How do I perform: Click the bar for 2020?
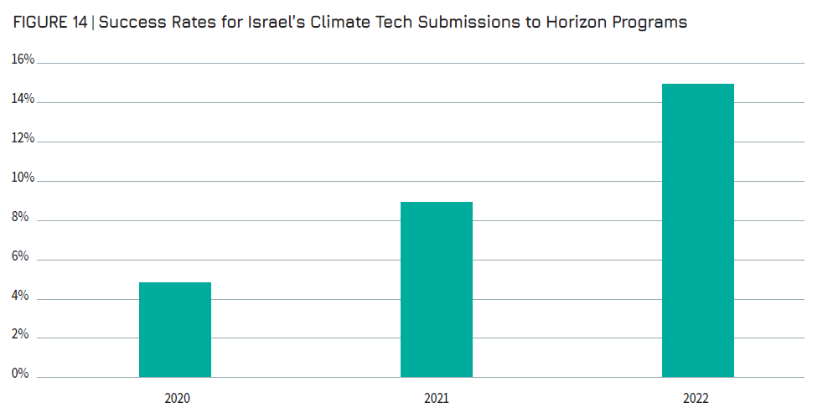coord(174,330)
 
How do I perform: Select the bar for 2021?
coord(436,290)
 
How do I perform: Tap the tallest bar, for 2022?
coord(697,230)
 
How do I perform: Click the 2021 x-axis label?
coord(437,399)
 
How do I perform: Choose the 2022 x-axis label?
coord(697,399)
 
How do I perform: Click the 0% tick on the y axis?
coord(20,374)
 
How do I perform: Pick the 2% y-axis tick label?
coord(20,335)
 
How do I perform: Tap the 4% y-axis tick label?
coord(20,296)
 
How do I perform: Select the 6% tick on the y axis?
coord(20,256)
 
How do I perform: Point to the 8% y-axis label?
coord(20,217)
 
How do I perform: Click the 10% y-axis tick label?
coord(23,178)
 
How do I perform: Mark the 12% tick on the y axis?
coord(23,138)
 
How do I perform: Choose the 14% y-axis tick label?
coord(23,99)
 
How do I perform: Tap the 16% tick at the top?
coord(23,59)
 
